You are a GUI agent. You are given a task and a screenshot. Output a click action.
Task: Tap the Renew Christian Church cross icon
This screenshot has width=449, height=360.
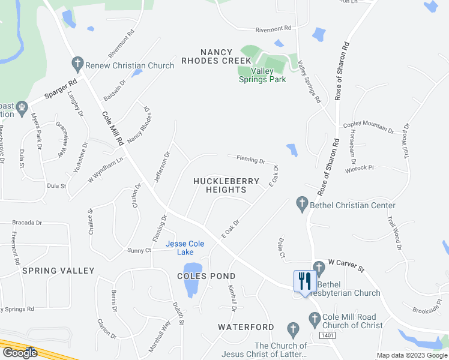pos(77,62)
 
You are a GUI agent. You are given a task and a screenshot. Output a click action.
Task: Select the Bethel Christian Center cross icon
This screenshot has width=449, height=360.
pos(302,205)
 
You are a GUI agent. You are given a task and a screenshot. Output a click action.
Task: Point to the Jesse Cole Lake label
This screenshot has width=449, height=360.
pos(185,248)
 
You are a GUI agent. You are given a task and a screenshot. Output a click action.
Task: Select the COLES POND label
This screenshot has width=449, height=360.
pos(206,276)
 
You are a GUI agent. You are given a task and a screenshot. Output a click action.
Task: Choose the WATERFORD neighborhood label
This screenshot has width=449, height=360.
pos(246,327)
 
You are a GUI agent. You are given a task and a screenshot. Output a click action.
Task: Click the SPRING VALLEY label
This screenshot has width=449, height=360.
pos(58,271)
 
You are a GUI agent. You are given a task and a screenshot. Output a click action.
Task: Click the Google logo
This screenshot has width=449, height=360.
pos(20,352)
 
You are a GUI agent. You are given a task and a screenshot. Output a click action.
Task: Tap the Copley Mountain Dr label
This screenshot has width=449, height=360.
pos(367,127)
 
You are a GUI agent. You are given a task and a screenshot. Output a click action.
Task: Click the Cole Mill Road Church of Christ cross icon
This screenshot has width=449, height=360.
pos(313,319)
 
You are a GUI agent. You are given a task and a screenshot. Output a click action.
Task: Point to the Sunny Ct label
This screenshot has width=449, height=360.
pos(139,250)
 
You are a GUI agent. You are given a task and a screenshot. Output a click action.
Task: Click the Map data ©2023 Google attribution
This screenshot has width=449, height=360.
pos(411,355)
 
